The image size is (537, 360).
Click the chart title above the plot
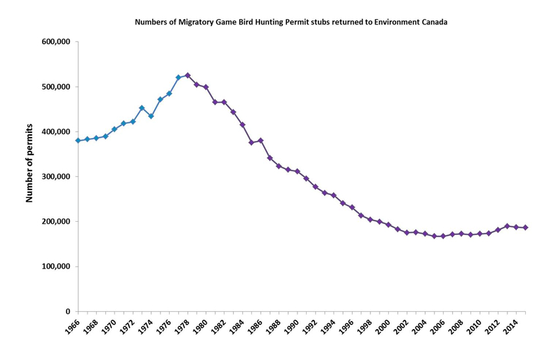291,22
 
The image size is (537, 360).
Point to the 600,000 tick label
57,42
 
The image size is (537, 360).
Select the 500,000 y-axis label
57,87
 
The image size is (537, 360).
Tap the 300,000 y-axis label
57,176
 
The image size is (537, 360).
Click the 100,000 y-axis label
57,267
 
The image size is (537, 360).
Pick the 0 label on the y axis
68,311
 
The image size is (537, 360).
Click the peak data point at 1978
188,75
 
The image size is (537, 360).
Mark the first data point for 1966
78,141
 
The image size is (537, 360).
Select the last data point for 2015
525,228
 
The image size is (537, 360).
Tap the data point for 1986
261,140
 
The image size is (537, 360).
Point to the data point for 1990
297,171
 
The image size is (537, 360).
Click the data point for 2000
388,224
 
